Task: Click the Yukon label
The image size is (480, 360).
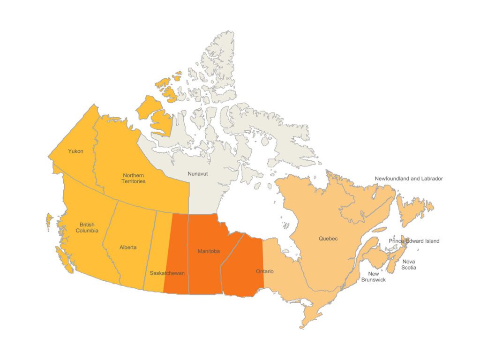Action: (75, 151)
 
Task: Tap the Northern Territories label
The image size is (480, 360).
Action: (134, 178)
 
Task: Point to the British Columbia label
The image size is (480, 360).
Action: (87, 228)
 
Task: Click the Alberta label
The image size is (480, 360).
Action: (128, 247)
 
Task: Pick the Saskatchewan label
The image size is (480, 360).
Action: (167, 273)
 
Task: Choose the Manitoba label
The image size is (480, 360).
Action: (209, 251)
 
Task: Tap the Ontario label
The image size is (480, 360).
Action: (265, 271)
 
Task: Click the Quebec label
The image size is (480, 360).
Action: (328, 239)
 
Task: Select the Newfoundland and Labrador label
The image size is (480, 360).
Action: (409, 179)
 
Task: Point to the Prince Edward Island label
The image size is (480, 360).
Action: (414, 241)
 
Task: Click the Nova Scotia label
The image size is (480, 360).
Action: (408, 264)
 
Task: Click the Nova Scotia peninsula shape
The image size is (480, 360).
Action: (394, 262)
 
